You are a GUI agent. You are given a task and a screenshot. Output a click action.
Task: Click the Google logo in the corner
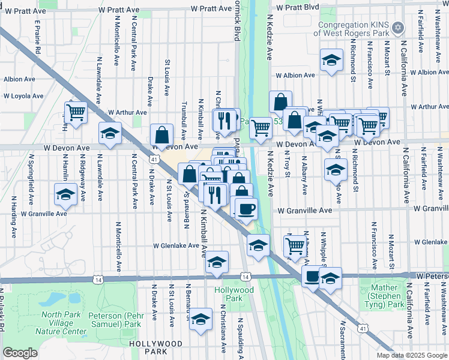click(x=20, y=353)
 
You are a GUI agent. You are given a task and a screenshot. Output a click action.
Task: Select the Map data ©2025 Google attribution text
click(x=411, y=355)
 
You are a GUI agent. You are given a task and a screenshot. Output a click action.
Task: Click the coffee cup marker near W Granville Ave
click(x=245, y=209)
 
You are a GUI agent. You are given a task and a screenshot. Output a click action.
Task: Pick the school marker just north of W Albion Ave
click(x=331, y=61)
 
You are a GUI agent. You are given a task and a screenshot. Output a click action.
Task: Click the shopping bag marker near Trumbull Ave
click(x=161, y=134)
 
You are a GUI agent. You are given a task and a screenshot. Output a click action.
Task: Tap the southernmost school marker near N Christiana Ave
click(x=202, y=319)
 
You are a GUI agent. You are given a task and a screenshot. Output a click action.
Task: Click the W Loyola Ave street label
click(x=24, y=95)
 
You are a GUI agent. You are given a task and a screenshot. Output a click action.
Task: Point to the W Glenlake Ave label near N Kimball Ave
click(x=175, y=245)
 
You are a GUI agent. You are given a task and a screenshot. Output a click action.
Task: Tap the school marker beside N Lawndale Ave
click(x=110, y=134)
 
